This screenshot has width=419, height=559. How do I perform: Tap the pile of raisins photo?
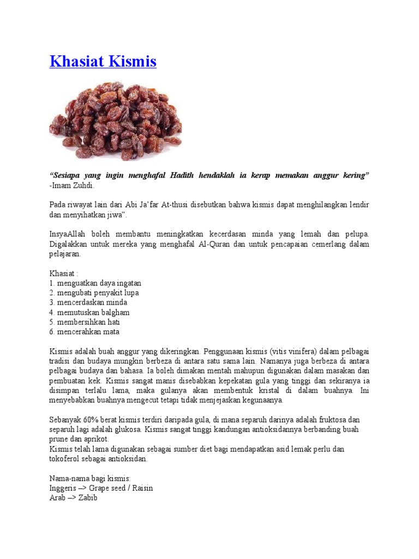tap(116, 121)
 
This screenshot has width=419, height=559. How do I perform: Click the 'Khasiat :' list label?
tap(64, 273)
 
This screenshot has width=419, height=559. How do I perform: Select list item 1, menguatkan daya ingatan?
tap(95, 283)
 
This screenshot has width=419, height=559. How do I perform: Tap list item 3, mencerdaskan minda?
tap(88, 302)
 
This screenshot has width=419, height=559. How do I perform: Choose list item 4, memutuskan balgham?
tap(89, 312)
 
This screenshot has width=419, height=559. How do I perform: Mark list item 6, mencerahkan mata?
tap(85, 332)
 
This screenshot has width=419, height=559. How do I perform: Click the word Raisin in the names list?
tap(141, 488)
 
